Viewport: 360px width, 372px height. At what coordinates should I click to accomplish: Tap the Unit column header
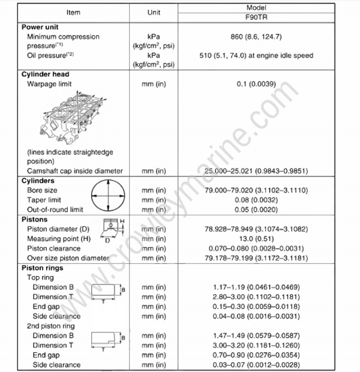coord(153,12)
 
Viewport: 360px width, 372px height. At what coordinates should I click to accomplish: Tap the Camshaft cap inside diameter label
coord(75,171)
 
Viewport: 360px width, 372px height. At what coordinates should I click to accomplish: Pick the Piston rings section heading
coord(45,268)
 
